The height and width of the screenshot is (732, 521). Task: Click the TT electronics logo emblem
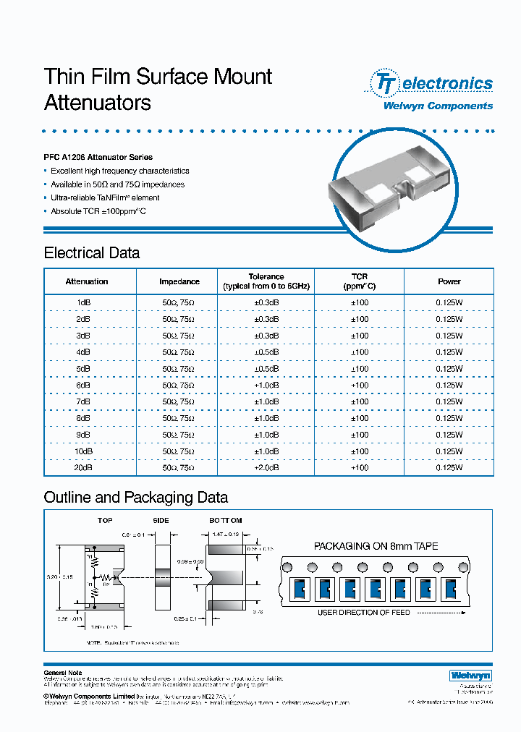coord(383,83)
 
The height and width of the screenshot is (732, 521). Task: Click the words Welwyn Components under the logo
coord(437,106)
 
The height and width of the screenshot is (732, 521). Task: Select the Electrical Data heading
coord(92,253)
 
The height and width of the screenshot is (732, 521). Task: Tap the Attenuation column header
coord(87,281)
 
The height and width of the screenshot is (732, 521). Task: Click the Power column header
coord(449,281)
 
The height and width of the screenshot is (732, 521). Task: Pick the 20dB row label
coord(83,468)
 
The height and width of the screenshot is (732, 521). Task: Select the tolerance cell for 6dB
coord(266,386)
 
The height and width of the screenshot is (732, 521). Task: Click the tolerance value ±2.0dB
coord(266,468)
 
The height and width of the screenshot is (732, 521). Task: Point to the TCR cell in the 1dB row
coord(360,303)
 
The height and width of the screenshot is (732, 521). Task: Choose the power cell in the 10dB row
coord(449,451)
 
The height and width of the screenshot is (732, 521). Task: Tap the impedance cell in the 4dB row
coord(179,352)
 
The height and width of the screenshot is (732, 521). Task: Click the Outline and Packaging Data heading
coord(136,498)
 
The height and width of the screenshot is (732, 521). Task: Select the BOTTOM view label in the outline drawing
coord(226,521)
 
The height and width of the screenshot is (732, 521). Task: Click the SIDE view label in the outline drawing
coord(161,521)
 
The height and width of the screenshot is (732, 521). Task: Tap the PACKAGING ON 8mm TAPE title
coord(376,547)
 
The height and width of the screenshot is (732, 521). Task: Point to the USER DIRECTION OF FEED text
coord(364,613)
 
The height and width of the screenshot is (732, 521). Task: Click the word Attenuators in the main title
coord(98,103)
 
